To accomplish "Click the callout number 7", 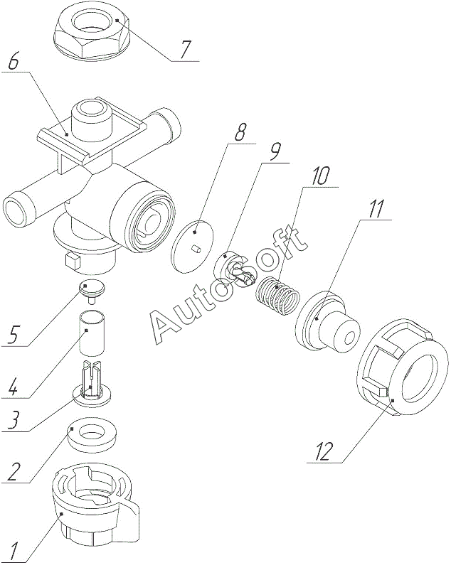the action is pos(185,50).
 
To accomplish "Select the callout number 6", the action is pos(13,62).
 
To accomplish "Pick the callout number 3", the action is pos(13,421).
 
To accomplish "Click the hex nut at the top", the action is pos(91,33).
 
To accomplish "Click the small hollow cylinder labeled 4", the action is pos(92,332).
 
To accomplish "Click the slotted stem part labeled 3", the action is pos(92,383).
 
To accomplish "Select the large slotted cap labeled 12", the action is pos(402,367).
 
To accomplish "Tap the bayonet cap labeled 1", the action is pos(96,503).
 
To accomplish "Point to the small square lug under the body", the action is pos(72,261).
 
